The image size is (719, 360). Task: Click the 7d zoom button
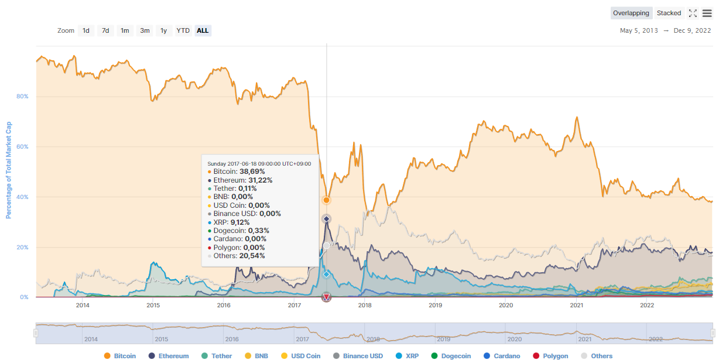(105, 30)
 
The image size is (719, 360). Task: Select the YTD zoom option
(183, 30)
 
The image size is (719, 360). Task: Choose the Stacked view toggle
(669, 13)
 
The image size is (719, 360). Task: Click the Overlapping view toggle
(631, 13)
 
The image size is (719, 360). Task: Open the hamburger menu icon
(707, 13)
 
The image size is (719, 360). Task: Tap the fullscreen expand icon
(693, 13)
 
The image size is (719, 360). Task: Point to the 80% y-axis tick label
(22, 97)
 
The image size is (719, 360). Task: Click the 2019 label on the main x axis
(435, 305)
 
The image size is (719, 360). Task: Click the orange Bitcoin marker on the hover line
(326, 200)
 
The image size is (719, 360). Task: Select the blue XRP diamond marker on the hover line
(326, 274)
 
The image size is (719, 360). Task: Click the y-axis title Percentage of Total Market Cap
(9, 170)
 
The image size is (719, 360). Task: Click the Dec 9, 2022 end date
(693, 30)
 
